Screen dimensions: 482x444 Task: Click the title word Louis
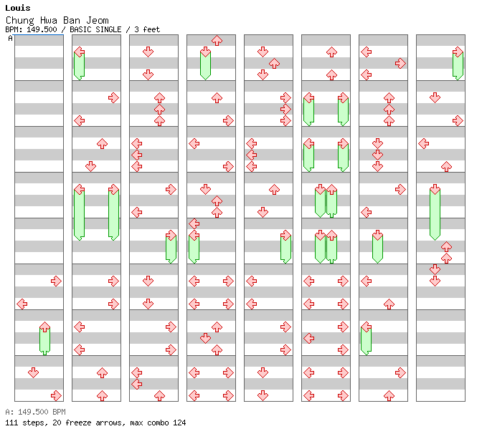(18, 8)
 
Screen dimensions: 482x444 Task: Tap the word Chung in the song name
(19, 21)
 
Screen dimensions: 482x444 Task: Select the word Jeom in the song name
(98, 20)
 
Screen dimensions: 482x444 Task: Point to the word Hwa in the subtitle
(49, 20)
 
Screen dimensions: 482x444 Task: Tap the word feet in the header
(151, 29)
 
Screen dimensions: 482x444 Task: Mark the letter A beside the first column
(11, 39)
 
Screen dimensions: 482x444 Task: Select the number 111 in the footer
(11, 423)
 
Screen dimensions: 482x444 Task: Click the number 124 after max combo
(179, 423)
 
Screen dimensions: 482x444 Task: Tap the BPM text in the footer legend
(59, 412)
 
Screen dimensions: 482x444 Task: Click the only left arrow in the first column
(22, 304)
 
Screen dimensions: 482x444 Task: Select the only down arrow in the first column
(33, 373)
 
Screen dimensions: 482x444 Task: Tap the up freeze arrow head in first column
(45, 327)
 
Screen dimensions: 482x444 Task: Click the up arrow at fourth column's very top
(217, 41)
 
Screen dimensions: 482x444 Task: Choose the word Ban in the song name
(72, 20)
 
